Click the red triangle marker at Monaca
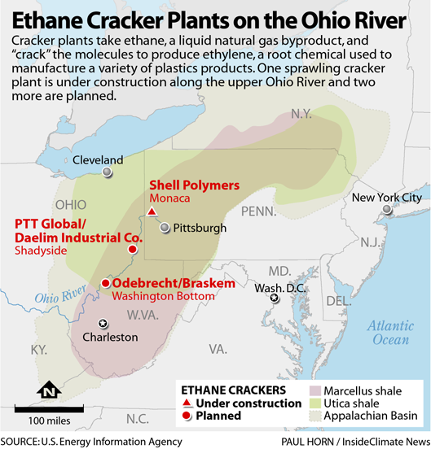[151, 213]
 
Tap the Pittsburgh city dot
[165, 228]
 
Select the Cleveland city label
[98, 160]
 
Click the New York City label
[386, 198]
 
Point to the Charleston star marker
[102, 323]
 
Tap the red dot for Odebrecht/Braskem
[104, 283]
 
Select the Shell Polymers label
[193, 185]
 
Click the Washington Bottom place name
[163, 297]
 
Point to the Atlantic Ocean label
[388, 332]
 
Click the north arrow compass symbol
[50, 391]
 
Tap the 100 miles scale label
[49, 421]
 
